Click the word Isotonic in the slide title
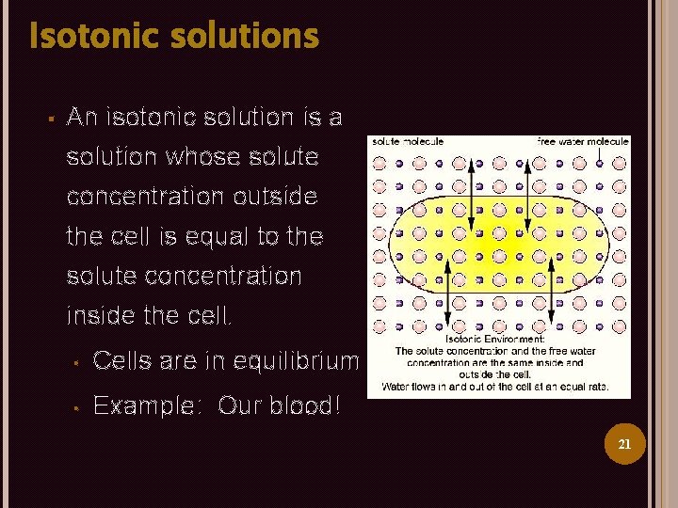point(88,37)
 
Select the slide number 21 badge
point(623,444)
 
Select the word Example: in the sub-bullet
point(146,406)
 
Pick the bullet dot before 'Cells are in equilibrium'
point(74,361)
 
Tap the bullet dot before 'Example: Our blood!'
point(74,407)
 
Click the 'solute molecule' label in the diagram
point(408,141)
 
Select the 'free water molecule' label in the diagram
point(582,141)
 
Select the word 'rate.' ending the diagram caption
point(596,386)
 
